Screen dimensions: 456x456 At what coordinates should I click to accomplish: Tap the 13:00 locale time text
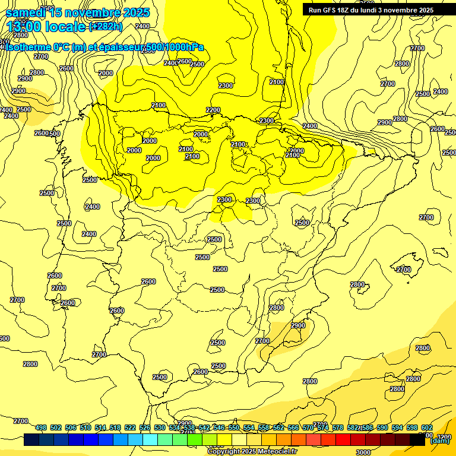tap(46, 26)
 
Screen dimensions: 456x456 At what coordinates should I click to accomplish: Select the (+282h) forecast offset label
tap(106, 26)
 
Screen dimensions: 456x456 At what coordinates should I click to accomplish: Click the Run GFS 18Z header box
tap(371, 10)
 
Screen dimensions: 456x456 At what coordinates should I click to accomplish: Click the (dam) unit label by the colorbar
tap(439, 441)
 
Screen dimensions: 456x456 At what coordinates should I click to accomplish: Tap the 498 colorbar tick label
tap(41, 427)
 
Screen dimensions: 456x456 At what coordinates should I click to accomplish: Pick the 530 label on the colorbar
tap(160, 427)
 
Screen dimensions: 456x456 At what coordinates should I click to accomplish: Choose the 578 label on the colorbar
tap(337, 427)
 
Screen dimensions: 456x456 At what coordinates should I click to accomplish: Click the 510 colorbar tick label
tap(85, 427)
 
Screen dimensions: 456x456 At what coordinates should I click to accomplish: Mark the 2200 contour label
tap(213, 110)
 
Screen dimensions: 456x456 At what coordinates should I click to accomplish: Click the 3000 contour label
tap(363, 452)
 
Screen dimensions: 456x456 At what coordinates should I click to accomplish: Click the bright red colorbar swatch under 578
tap(343, 440)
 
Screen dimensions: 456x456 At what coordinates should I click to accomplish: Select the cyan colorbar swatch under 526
tap(150, 440)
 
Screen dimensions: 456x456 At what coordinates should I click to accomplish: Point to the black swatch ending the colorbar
tap(417, 440)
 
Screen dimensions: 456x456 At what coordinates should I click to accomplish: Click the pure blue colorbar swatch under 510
tap(91, 440)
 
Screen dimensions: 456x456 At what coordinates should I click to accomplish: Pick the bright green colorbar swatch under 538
tap(195, 440)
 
